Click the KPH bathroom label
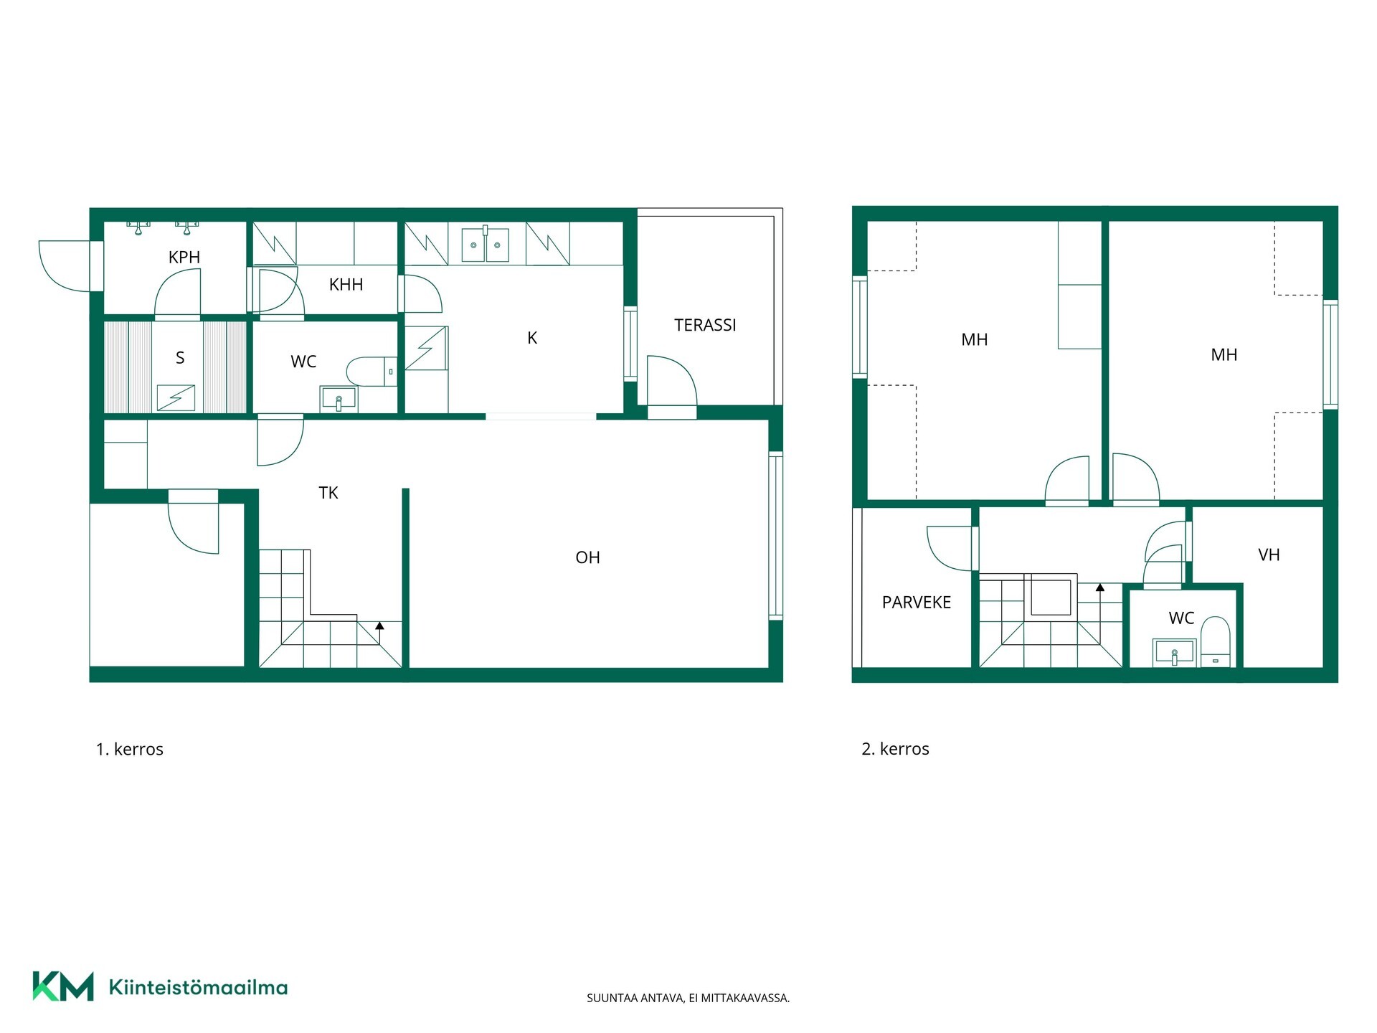pos(184,257)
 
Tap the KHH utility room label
pos(346,285)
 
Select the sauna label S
pos(180,358)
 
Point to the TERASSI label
pos(705,325)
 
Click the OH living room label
pos(587,557)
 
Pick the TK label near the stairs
pos(328,493)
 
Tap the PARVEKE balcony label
pos(917,603)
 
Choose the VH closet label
pos(1269,555)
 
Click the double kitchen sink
pos(485,244)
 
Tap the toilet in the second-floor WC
pos(1215,641)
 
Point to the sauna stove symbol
pos(176,398)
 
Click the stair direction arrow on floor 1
pos(380,633)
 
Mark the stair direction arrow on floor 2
pos(1100,595)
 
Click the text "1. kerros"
pos(130,750)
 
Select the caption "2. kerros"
pos(895,749)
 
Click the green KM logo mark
pos(63,986)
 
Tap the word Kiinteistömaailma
pos(198,987)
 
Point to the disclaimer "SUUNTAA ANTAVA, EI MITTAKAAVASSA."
pos(688,998)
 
